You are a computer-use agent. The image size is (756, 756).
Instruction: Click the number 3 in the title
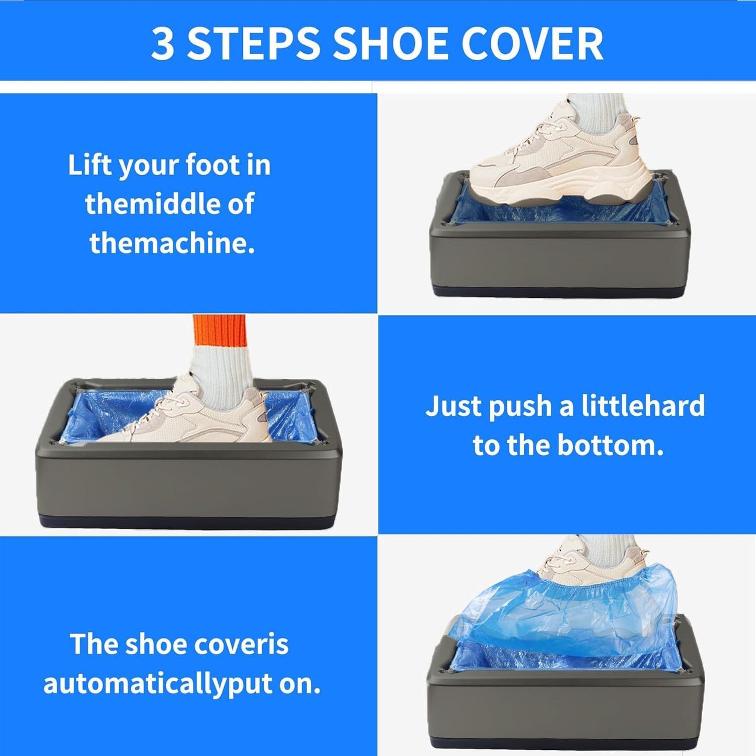[x=163, y=43]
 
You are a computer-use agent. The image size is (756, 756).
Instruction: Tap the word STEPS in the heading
[x=254, y=43]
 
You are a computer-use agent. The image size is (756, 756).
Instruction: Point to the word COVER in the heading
[x=532, y=43]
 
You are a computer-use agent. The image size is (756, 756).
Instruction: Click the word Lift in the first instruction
[x=89, y=165]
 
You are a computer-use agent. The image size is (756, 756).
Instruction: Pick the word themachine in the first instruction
[x=172, y=243]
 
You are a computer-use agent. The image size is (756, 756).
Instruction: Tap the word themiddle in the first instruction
[x=150, y=204]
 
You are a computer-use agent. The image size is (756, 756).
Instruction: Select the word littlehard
[x=643, y=406]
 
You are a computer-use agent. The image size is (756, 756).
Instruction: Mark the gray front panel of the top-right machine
[x=560, y=259]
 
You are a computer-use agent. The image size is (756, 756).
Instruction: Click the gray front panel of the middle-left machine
[x=188, y=484]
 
